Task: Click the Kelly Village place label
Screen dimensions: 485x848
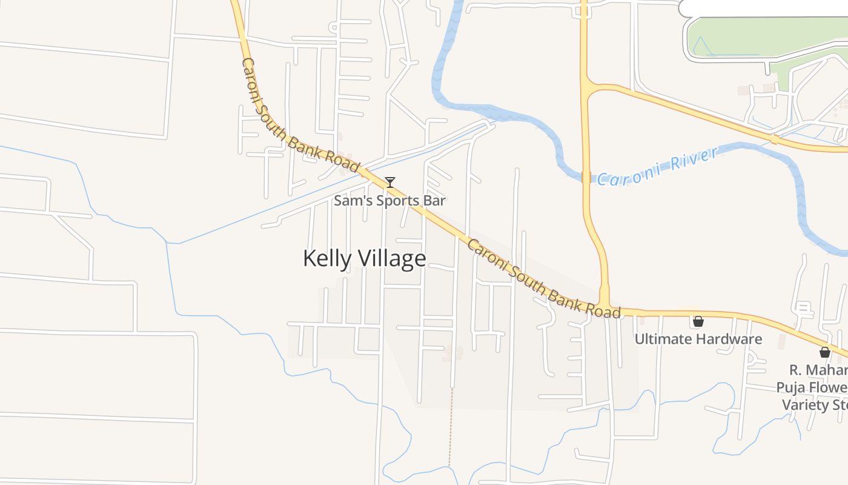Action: [x=364, y=259]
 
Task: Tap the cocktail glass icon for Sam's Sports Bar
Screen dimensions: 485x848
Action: [x=390, y=182]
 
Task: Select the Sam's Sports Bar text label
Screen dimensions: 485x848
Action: [x=389, y=201]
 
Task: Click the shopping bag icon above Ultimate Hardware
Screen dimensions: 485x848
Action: [x=698, y=321]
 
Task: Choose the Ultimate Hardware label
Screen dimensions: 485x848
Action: [x=698, y=339]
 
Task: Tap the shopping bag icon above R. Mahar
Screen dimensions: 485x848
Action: [x=824, y=352]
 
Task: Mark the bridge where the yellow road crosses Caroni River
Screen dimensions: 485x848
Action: [x=585, y=177]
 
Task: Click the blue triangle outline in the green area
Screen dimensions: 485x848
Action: [x=701, y=46]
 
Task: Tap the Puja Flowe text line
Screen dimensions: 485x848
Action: [x=812, y=387]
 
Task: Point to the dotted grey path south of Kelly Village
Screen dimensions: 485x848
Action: [x=451, y=424]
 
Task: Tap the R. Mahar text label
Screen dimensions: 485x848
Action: [x=818, y=370]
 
